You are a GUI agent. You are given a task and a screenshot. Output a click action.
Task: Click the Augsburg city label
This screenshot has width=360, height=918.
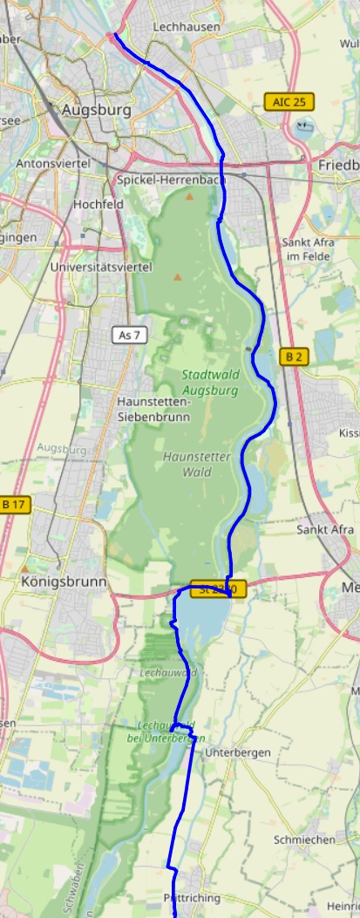pos(96,111)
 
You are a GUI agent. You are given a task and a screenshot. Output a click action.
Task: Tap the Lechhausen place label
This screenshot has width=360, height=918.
pos(187,28)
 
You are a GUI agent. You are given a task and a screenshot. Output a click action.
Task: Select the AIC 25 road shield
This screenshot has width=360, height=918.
pos(289,102)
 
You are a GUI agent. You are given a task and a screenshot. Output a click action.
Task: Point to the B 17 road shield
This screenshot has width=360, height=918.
pos(15,504)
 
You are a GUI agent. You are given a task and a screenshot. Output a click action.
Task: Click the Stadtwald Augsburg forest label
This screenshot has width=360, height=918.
pos(210,383)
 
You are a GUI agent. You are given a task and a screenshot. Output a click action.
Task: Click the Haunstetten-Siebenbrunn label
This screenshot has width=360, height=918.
pos(153,409)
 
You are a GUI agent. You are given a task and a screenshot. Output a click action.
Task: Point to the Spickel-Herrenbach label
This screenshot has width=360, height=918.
pos(171,180)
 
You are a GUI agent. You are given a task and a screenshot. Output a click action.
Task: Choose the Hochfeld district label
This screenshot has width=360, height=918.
pos(98,204)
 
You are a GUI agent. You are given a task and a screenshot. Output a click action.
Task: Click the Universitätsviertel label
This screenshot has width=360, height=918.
pos(101,267)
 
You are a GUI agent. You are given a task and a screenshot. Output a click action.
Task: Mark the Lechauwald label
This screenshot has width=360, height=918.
pos(168,672)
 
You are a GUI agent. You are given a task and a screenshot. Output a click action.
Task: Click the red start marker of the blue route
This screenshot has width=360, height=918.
pos(111,35)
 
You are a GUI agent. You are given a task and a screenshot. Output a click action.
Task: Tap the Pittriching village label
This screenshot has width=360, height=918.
pos(192,897)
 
